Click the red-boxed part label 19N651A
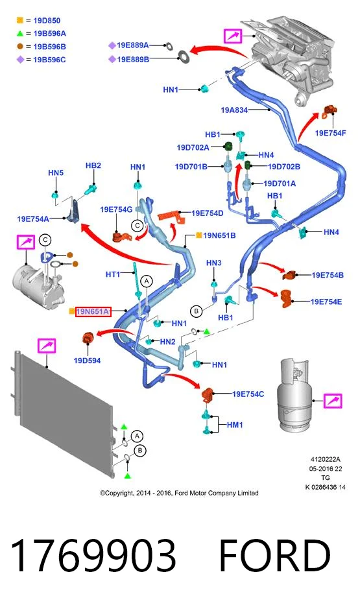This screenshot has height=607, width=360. coord(93,311)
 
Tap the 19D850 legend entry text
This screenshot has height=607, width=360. coord(47,21)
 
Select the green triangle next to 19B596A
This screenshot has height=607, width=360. coord(19,34)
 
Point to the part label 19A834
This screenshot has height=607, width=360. coord(234,110)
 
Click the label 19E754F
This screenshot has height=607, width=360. coord(330,133)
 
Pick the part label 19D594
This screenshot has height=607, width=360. coord(87,361)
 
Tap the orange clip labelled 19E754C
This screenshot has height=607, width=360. coord(208,394)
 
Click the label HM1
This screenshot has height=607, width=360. coord(235,425)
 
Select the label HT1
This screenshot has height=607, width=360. coord(113,274)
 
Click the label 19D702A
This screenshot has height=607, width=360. coord(193,147)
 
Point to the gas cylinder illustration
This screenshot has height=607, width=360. coord(293,394)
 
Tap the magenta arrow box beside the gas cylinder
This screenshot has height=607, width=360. coord(333,401)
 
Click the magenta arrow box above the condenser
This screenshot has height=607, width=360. coord(47,345)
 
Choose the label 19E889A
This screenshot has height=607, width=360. coord(132,45)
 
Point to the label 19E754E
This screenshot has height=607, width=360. coord(326,302)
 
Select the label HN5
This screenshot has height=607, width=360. coord(56,173)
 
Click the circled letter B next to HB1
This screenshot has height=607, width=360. coord(197,311)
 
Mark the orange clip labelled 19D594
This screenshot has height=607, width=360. coord(88,339)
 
